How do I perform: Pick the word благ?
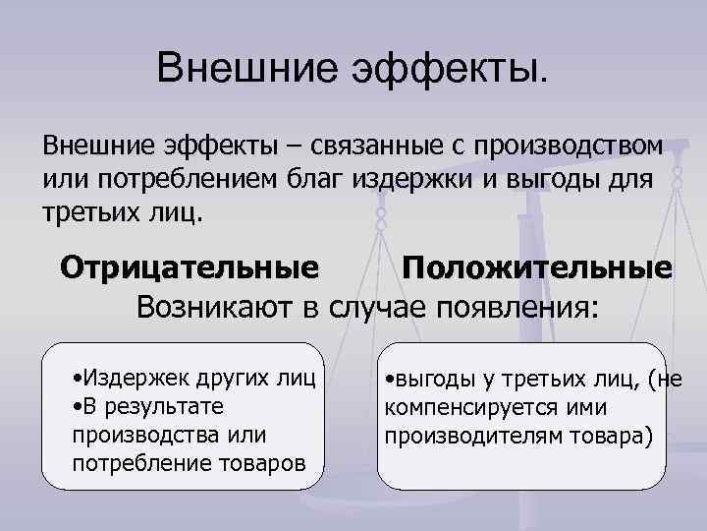[x=399, y=180]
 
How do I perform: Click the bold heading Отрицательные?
[x=189, y=268]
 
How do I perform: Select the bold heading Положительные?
[x=537, y=268]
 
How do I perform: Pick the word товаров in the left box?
[x=260, y=462]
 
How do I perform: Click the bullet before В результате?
[x=78, y=407]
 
